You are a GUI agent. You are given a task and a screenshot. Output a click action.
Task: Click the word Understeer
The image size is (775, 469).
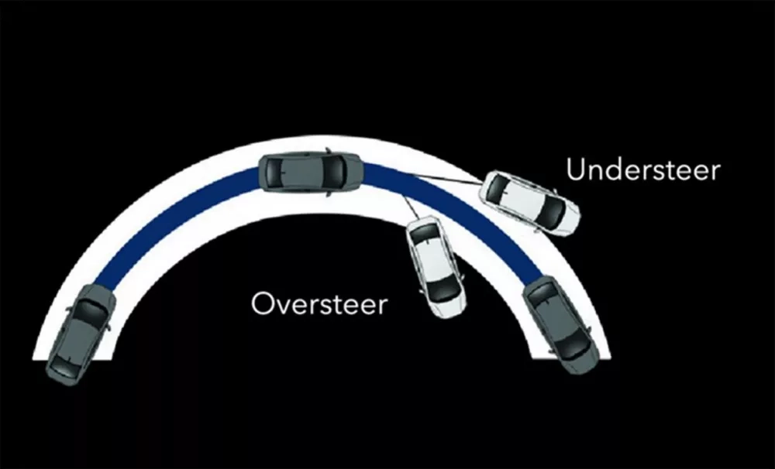(643, 169)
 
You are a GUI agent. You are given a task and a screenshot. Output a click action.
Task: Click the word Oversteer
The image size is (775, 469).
(319, 303)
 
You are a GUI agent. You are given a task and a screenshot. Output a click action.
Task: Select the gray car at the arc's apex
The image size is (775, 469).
(312, 171)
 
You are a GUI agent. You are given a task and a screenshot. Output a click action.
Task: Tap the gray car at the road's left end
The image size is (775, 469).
(81, 334)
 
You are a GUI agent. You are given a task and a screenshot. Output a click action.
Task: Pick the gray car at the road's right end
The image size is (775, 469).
(561, 325)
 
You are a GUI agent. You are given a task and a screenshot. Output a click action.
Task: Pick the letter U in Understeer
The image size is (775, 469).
(575, 170)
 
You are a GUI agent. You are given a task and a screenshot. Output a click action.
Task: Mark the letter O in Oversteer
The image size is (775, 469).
(262, 303)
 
